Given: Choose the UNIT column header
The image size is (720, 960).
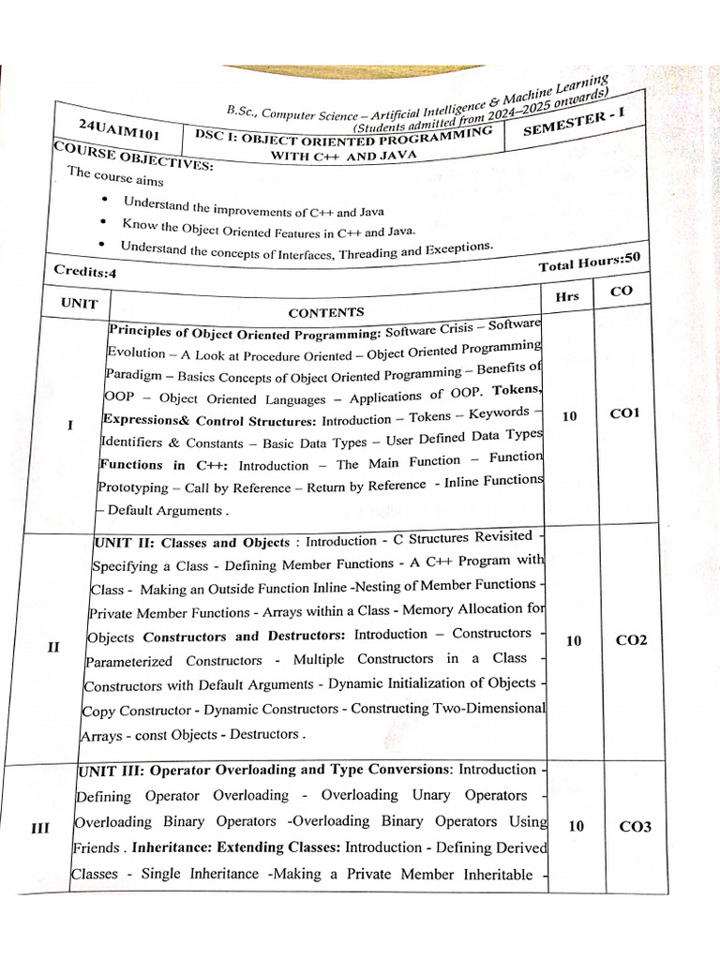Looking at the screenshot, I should click(x=79, y=304).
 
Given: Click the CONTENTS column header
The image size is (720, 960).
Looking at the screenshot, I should click(x=325, y=312).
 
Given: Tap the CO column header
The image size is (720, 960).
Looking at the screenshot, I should click(x=621, y=292).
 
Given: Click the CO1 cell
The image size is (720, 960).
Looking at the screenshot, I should click(x=623, y=412).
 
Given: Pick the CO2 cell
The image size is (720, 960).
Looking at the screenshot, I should click(x=631, y=640).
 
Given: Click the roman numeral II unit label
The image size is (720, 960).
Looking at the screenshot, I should click(x=53, y=647).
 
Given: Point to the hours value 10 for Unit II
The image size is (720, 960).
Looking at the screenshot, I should click(x=574, y=640).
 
